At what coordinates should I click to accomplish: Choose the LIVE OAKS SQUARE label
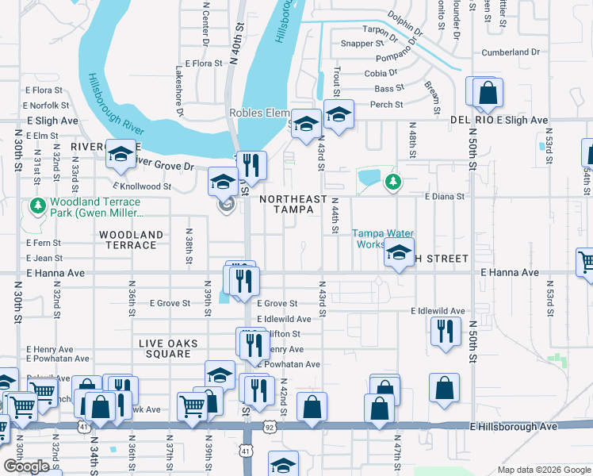tap(168, 344)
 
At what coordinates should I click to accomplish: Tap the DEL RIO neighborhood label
tap(472, 120)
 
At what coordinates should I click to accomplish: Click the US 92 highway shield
tap(270, 428)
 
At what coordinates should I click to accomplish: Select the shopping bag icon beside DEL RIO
tap(487, 92)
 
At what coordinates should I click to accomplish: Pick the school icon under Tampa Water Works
tap(398, 254)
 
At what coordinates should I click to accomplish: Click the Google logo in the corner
tap(27, 466)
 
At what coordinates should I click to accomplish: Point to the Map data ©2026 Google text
tap(543, 470)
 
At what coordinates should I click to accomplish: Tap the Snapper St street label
tap(362, 44)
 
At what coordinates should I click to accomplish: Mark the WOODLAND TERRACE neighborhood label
tap(131, 240)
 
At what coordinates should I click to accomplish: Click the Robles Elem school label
tap(259, 113)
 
